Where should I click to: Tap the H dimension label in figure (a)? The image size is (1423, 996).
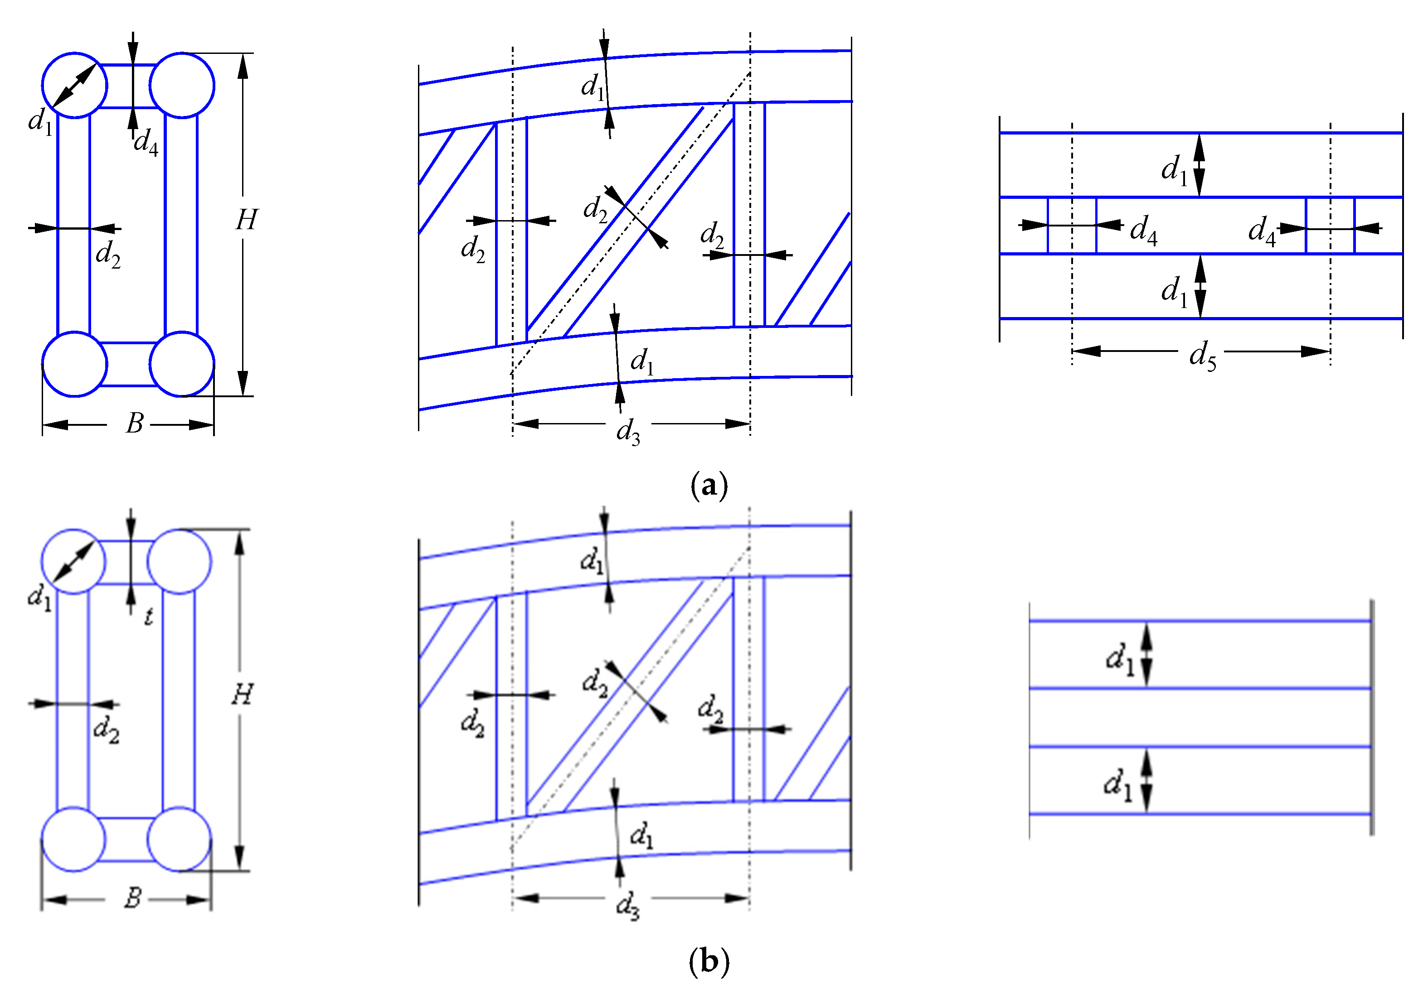click(246, 220)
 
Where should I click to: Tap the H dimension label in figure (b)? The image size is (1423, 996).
click(243, 694)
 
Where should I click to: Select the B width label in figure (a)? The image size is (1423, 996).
click(135, 423)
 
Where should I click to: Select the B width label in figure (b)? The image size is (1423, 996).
click(133, 898)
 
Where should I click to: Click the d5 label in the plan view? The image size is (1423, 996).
click(1202, 356)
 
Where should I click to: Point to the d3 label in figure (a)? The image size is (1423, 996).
click(627, 431)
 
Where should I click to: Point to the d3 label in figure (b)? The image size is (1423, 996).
click(627, 906)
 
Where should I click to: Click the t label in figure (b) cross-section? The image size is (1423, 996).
click(148, 616)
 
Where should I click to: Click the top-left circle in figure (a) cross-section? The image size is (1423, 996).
click(74, 85)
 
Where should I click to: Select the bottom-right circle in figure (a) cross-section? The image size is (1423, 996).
click(182, 364)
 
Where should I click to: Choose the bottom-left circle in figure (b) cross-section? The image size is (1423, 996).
click(73, 839)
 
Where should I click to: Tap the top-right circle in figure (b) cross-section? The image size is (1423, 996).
click(180, 561)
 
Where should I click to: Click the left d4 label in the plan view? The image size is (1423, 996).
click(1143, 231)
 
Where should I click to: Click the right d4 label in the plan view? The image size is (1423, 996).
click(1261, 231)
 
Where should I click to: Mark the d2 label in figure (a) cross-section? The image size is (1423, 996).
click(108, 254)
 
